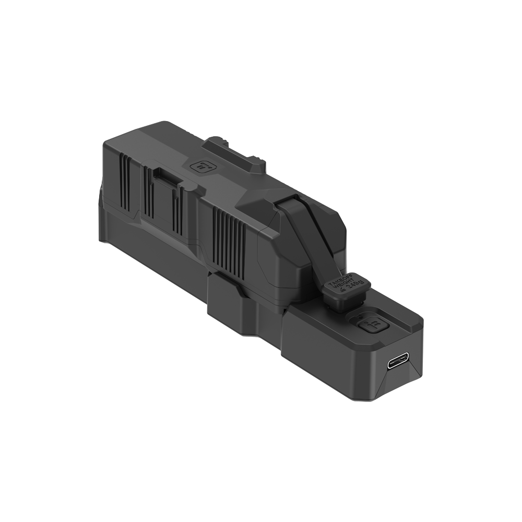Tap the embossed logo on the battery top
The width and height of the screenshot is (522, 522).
click(200, 167)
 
